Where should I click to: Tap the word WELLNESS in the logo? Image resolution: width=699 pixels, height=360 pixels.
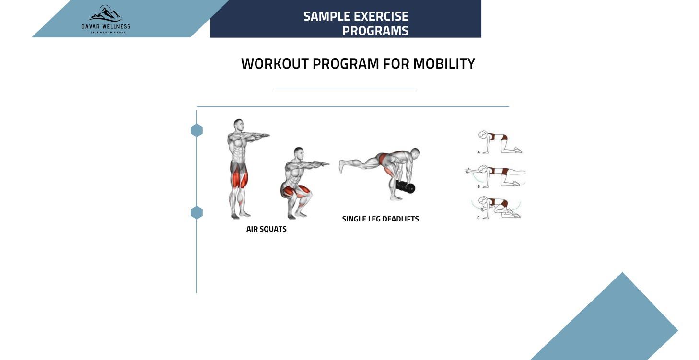click(116, 27)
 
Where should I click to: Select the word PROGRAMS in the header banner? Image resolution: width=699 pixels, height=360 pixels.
click(375, 31)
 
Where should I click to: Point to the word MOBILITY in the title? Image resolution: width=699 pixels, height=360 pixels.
click(443, 64)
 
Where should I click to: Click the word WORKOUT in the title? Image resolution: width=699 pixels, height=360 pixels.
click(275, 64)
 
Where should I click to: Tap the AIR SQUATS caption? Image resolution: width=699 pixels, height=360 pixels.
click(266, 229)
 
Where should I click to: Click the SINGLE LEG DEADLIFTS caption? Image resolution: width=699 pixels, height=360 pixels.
click(380, 219)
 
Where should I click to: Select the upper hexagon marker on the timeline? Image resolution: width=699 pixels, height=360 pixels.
click(197, 130)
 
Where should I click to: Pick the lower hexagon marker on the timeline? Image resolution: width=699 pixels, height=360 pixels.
click(197, 212)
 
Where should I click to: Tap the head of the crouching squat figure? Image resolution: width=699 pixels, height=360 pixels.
click(299, 153)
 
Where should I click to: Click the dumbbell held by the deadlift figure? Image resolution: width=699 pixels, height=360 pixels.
click(406, 187)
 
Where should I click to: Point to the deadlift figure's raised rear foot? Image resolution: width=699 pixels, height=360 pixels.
click(342, 166)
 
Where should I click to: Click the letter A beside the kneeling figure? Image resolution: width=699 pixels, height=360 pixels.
click(478, 152)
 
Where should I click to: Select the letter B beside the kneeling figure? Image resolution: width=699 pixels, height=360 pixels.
click(478, 186)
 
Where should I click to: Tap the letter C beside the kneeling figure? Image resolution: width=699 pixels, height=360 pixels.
click(478, 218)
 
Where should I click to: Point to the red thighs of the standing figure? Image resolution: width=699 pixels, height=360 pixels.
click(238, 179)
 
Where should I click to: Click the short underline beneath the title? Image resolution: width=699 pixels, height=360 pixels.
click(345, 89)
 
